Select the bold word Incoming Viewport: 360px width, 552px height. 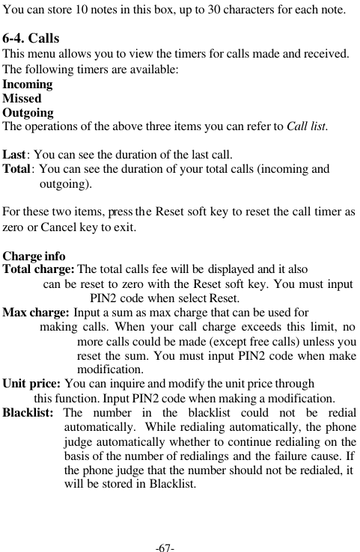point(28,85)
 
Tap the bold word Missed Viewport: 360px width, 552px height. point(22,99)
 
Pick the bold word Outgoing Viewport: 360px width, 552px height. point(28,113)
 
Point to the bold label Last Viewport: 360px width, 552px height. point(15,156)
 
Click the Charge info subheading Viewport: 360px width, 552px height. point(34,256)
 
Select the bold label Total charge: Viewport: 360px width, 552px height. point(39,269)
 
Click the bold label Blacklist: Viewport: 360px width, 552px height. point(28,413)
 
